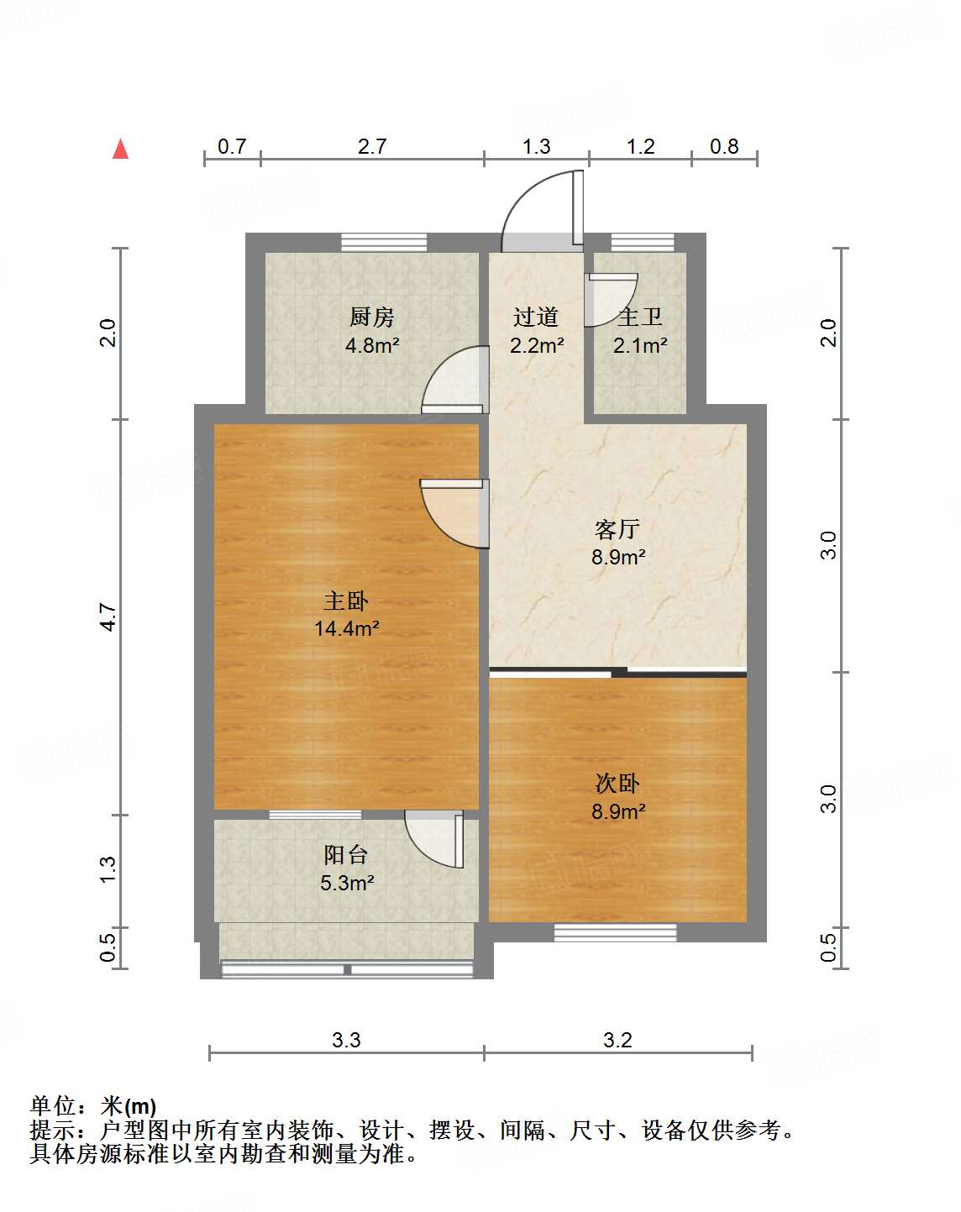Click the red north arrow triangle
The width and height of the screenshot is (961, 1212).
(121, 150)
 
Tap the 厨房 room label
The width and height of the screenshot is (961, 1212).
(371, 317)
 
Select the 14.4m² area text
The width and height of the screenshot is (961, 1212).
(346, 628)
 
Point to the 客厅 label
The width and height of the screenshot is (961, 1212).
(617, 529)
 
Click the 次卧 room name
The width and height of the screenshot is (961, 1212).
(617, 784)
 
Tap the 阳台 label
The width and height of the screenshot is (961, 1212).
(346, 855)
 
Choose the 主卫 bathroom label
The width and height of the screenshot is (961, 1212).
(640, 317)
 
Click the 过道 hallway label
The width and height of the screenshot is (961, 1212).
(536, 317)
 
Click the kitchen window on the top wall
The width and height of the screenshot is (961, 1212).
(384, 243)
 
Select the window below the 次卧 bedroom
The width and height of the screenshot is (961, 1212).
(615, 931)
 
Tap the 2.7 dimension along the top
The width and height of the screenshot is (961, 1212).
(371, 147)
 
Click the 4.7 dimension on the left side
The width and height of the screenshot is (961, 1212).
(108, 617)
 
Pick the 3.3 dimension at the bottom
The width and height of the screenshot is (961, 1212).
(346, 1041)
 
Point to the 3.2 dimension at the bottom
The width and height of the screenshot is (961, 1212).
(617, 1041)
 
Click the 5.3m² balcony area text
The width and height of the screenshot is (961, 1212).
(346, 883)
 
